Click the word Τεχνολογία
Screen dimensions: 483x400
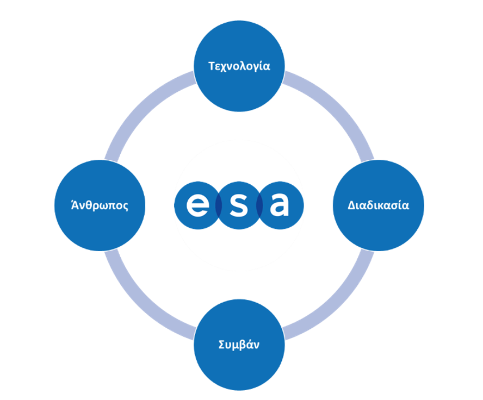[239, 66]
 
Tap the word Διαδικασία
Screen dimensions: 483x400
[378, 205]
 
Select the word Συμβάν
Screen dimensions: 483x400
[239, 345]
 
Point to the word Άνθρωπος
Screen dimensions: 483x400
[100, 205]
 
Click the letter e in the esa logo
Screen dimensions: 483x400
[197, 205]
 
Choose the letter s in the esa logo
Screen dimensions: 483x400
[239, 205]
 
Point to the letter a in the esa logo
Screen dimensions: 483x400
[280, 205]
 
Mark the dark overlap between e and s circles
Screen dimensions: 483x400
[219, 205]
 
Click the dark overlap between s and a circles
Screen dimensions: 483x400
[259, 205]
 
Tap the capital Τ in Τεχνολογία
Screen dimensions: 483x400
[212, 66]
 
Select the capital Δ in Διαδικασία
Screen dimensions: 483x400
[352, 205]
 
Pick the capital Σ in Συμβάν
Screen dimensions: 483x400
[221, 345]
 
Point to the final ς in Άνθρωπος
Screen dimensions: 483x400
[126, 207]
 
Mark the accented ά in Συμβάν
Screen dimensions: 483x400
[249, 344]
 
